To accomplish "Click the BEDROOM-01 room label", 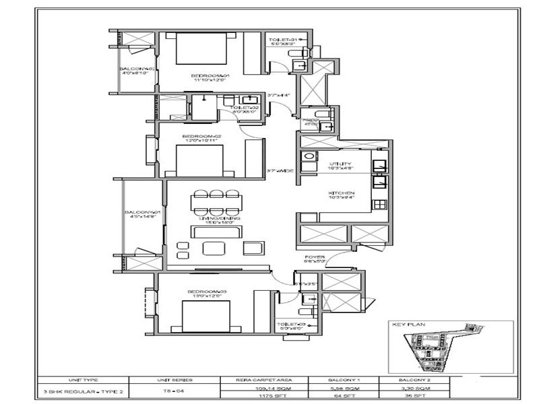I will tap(210, 75).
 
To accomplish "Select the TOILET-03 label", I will tap(292, 325).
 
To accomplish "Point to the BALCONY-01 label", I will tap(141, 213).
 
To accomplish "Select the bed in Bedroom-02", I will tap(199, 160).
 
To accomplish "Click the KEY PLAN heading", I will tap(404, 324).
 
